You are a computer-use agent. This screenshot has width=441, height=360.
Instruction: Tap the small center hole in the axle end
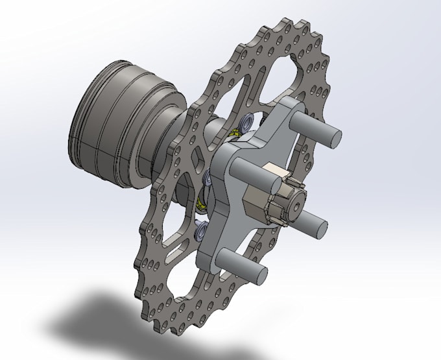tap(296, 207)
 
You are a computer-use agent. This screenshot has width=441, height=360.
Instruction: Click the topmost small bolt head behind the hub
tap(246, 123)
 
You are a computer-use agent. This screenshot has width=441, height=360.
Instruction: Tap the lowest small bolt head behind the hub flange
tap(199, 228)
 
